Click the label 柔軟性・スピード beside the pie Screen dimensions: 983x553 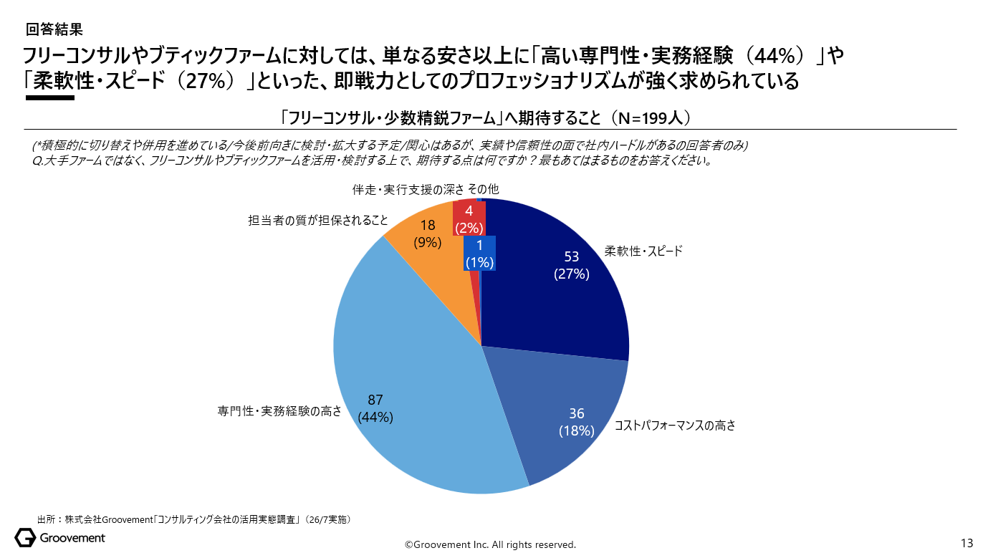tap(643, 251)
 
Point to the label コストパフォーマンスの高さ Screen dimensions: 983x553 tap(675, 425)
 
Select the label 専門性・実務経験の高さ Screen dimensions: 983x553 tap(279, 411)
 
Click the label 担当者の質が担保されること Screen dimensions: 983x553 tap(318, 220)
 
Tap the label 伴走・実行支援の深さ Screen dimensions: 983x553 tap(408, 190)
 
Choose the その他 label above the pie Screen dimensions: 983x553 tap(483, 189)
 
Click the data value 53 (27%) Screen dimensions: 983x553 tap(571, 265)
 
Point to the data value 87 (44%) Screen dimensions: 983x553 tap(375, 408)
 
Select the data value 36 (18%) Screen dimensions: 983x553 tap(577, 422)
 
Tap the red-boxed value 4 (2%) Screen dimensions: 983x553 tap(469, 219)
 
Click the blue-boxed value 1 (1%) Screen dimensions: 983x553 tap(479, 254)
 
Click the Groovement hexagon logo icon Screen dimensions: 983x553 tap(25, 538)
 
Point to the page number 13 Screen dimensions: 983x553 tap(967, 544)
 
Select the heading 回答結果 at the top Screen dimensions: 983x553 tap(54, 29)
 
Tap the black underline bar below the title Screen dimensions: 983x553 tap(50, 98)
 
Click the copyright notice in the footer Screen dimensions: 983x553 tap(490, 544)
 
